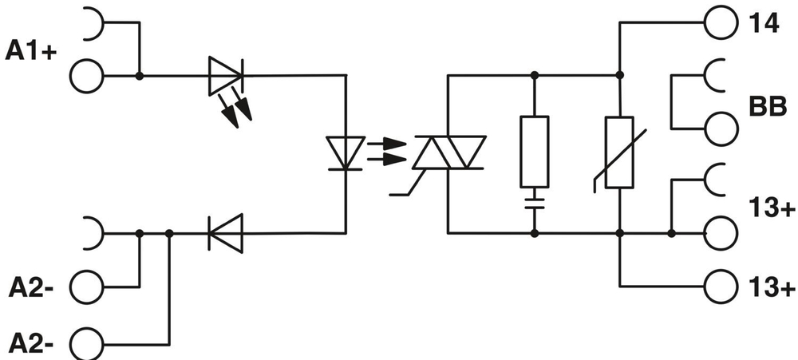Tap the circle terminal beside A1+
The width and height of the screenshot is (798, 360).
87,77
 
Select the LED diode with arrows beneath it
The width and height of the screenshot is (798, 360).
226,76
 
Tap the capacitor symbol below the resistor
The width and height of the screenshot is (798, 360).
534,200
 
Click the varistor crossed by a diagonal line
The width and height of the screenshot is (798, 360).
619,152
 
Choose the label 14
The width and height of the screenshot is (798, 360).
763,22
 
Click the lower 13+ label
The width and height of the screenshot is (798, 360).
772,286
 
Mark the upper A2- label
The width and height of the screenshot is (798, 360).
31,285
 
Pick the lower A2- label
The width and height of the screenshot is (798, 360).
31,345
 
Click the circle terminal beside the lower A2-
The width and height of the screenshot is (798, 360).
87,345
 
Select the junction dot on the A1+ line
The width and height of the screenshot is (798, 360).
140,77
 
